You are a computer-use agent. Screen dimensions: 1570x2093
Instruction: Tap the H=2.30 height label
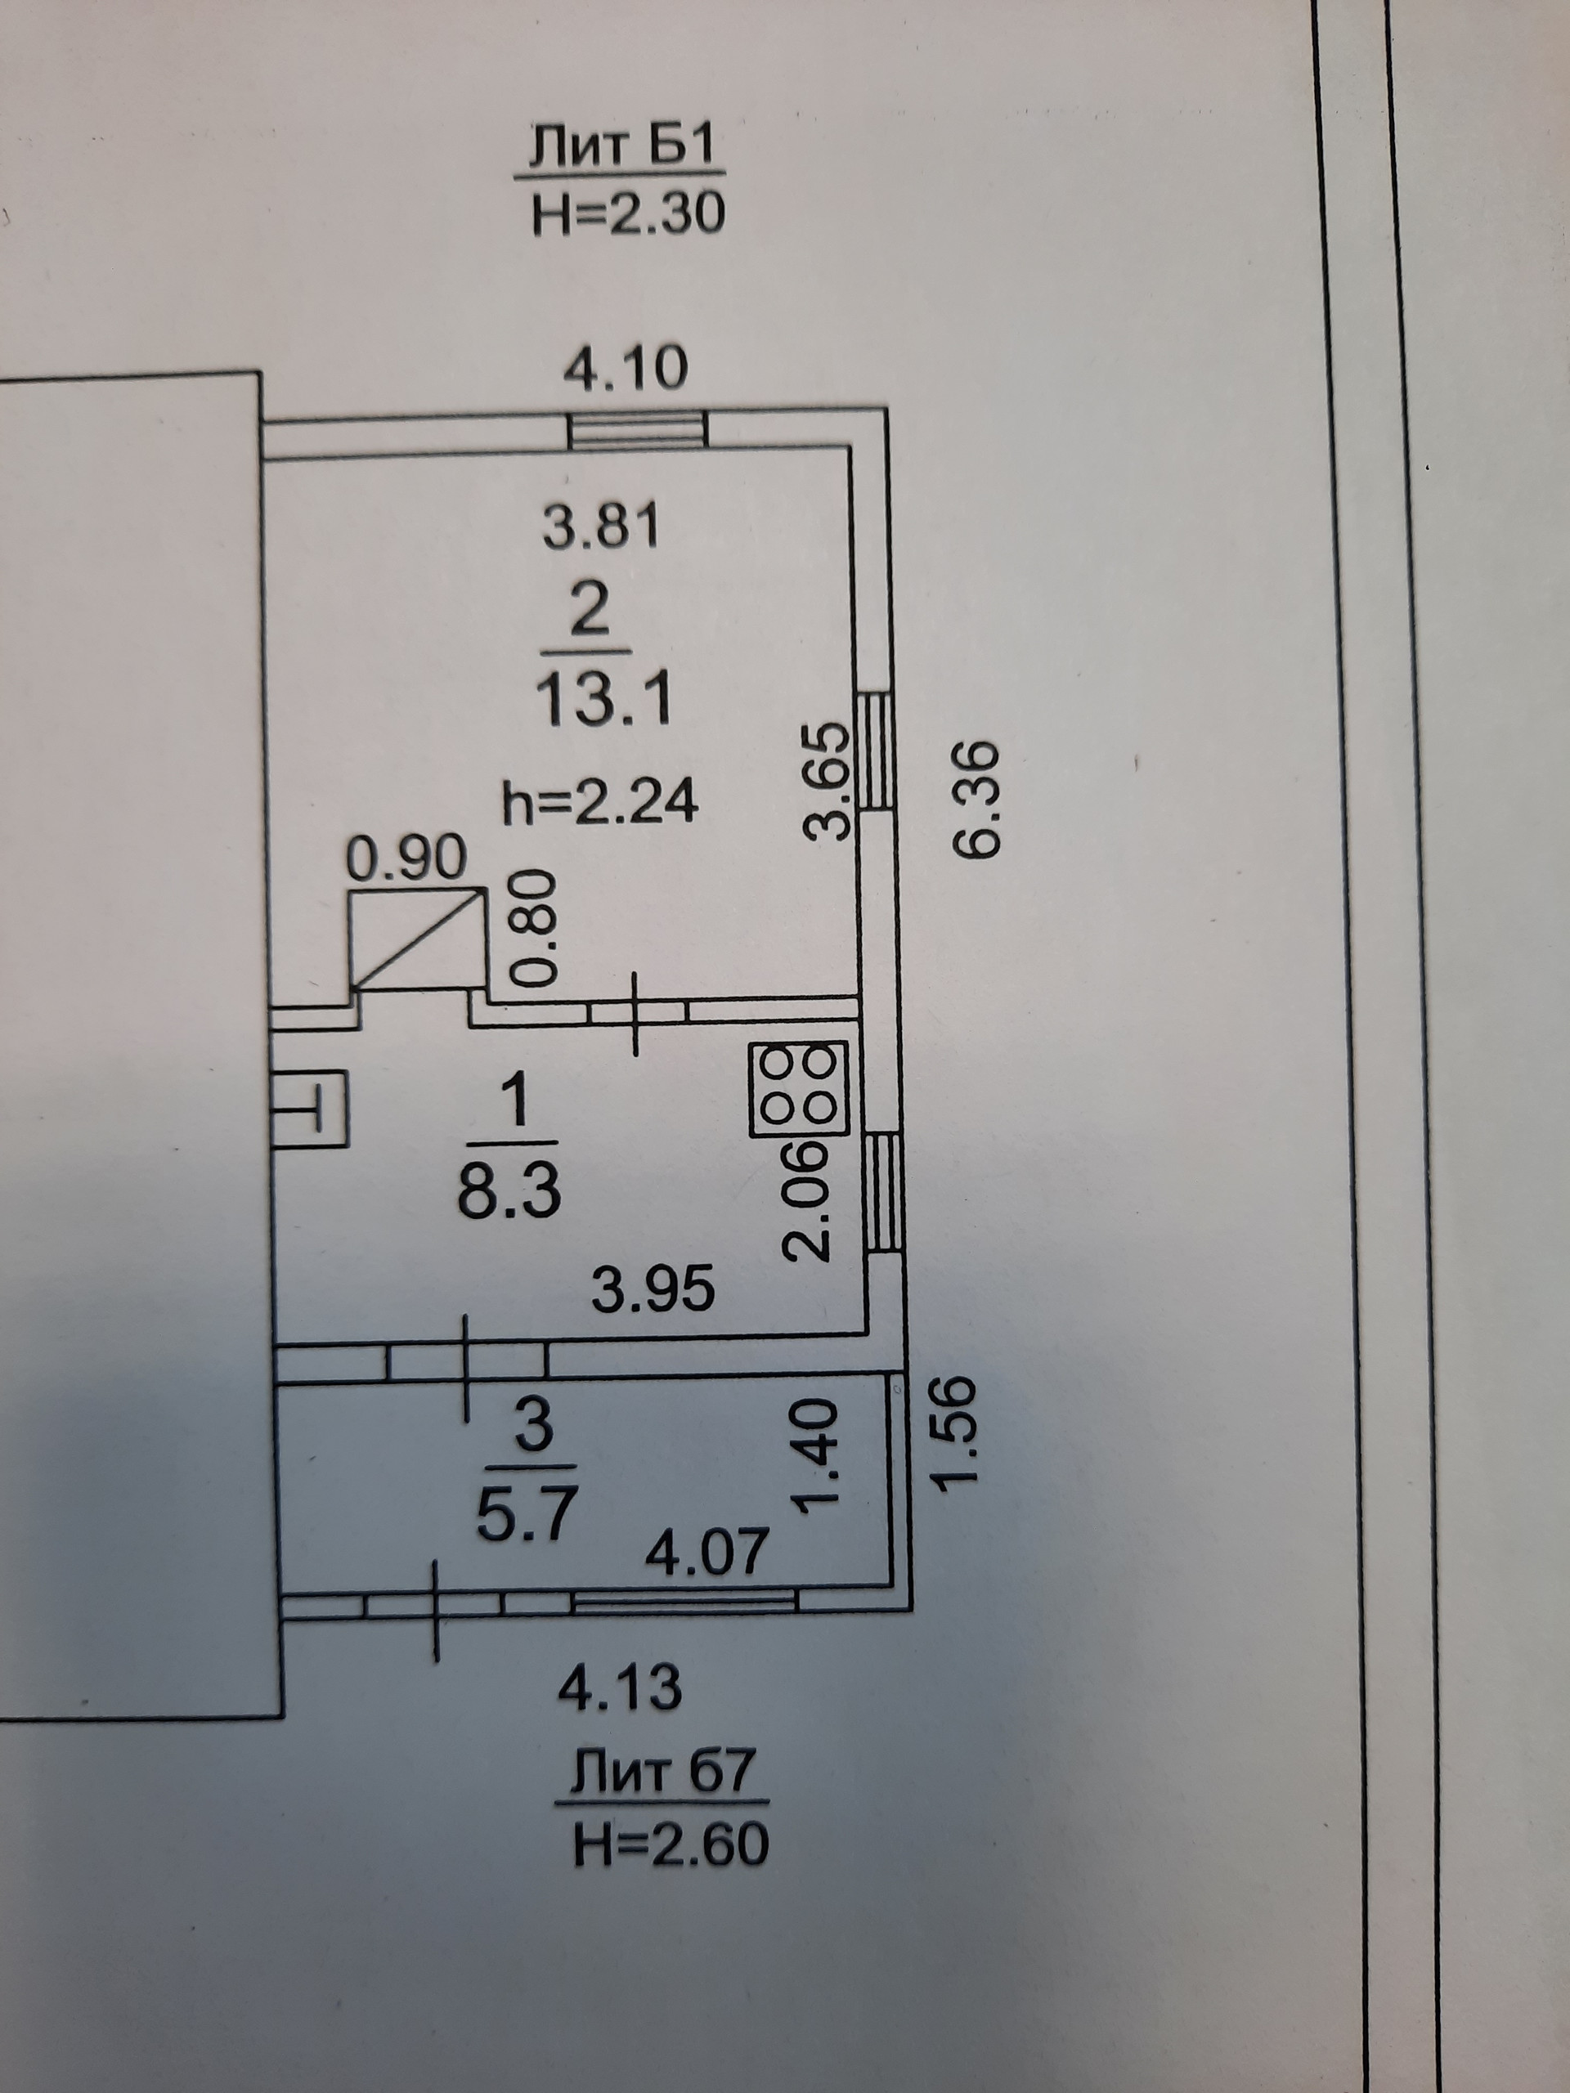[628, 215]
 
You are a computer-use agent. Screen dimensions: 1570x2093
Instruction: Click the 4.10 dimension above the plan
[626, 369]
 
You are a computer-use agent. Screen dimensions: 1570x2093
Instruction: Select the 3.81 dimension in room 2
[600, 527]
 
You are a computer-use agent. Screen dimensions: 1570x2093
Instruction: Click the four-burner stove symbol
[796, 1088]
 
